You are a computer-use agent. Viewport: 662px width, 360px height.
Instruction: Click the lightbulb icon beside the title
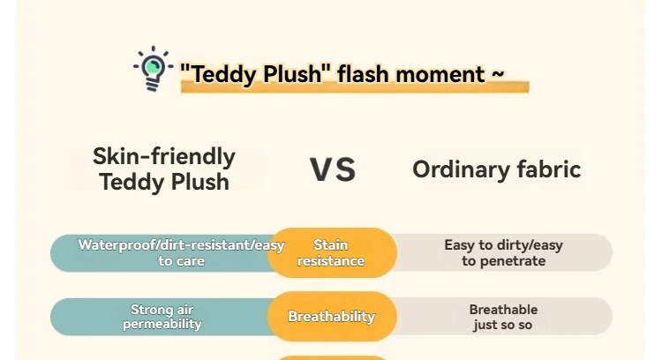pyautogui.click(x=153, y=68)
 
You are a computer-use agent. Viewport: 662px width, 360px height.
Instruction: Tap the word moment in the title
pyautogui.click(x=440, y=74)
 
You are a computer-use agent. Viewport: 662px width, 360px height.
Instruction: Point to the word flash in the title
pyautogui.click(x=363, y=73)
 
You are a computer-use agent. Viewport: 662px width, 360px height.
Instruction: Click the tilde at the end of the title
pyautogui.click(x=498, y=73)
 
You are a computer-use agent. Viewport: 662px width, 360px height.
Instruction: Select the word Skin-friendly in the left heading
pyautogui.click(x=164, y=156)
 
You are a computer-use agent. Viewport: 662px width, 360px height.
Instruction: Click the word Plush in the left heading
pyautogui.click(x=199, y=182)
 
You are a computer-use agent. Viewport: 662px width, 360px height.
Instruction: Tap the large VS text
pyautogui.click(x=333, y=169)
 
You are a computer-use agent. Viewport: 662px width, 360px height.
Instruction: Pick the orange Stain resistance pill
pyautogui.click(x=332, y=252)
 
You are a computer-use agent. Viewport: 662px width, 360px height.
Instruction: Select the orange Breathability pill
pyautogui.click(x=332, y=316)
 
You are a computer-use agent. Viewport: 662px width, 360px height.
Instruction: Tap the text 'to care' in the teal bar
pyautogui.click(x=182, y=261)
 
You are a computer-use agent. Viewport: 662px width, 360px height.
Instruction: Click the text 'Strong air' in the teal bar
pyautogui.click(x=162, y=310)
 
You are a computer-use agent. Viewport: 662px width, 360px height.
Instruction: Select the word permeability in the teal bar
pyautogui.click(x=162, y=324)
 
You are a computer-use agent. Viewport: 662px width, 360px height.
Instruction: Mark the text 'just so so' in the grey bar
pyautogui.click(x=502, y=325)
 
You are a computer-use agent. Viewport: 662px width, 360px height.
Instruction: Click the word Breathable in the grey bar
pyautogui.click(x=503, y=310)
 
